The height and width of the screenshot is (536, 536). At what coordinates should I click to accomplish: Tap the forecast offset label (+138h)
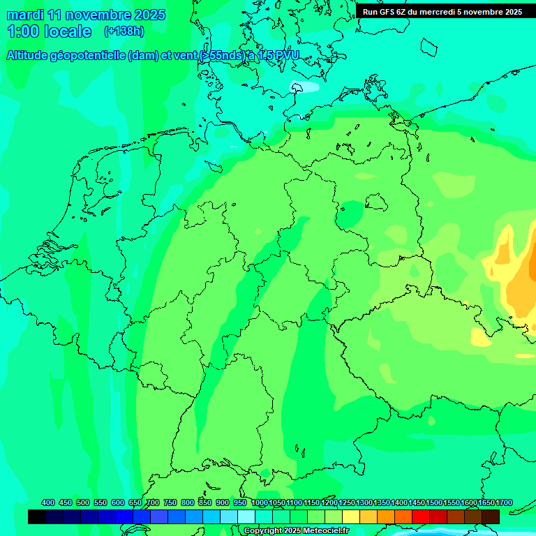[124, 31]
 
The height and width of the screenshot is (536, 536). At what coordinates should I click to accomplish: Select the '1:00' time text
[22, 31]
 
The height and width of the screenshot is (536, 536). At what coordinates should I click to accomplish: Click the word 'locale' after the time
[68, 31]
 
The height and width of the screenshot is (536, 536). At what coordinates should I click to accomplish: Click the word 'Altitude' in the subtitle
[30, 56]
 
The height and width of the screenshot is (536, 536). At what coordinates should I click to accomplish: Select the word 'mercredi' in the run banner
[442, 12]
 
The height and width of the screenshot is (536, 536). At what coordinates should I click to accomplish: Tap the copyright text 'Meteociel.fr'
[326, 531]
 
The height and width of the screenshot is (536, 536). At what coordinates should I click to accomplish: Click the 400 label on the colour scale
[48, 503]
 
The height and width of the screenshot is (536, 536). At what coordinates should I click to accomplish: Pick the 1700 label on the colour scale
[504, 503]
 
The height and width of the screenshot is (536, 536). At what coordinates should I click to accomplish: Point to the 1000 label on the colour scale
[259, 503]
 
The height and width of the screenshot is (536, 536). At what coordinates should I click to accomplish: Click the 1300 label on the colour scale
[364, 503]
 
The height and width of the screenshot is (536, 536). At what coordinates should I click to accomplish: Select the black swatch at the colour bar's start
[37, 516]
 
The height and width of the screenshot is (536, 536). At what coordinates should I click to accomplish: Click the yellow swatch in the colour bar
[351, 516]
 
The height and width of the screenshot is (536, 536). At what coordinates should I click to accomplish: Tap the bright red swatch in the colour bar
[421, 516]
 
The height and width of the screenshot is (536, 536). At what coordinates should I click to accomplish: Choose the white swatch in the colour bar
[246, 516]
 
